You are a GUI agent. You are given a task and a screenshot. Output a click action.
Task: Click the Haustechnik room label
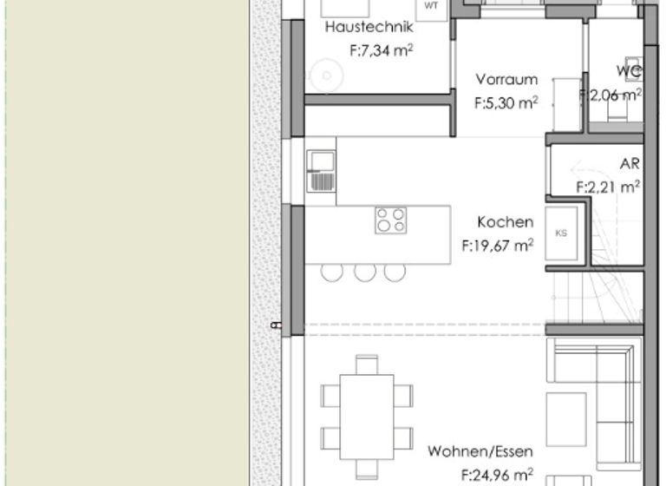(x=363, y=28)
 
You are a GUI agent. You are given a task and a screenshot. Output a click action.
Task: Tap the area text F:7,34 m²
(x=381, y=51)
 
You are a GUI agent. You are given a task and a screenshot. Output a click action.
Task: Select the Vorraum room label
(x=506, y=80)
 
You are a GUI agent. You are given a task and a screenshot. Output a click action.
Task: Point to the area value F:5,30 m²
(x=506, y=102)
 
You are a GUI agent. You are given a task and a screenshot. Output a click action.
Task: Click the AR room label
(x=630, y=164)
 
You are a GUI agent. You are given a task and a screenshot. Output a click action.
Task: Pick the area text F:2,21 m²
(x=608, y=186)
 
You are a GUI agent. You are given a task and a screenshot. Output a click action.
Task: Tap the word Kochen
(x=505, y=223)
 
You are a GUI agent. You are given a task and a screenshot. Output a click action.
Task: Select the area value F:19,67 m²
(x=497, y=246)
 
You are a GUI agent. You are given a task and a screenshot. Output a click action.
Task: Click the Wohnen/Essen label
(x=480, y=452)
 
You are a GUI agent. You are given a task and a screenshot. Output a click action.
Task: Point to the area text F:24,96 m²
(x=497, y=475)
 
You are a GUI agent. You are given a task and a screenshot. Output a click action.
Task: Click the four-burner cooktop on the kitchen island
(x=390, y=220)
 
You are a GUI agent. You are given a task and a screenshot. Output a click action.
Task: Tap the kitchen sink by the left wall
(x=321, y=170)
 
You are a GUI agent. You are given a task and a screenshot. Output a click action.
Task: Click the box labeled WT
(x=431, y=6)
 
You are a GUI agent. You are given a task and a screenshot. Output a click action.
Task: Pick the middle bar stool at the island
(x=364, y=271)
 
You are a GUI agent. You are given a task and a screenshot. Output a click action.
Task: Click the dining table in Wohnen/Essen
(x=366, y=417)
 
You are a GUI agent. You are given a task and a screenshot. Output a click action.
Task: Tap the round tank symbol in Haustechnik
(x=327, y=76)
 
